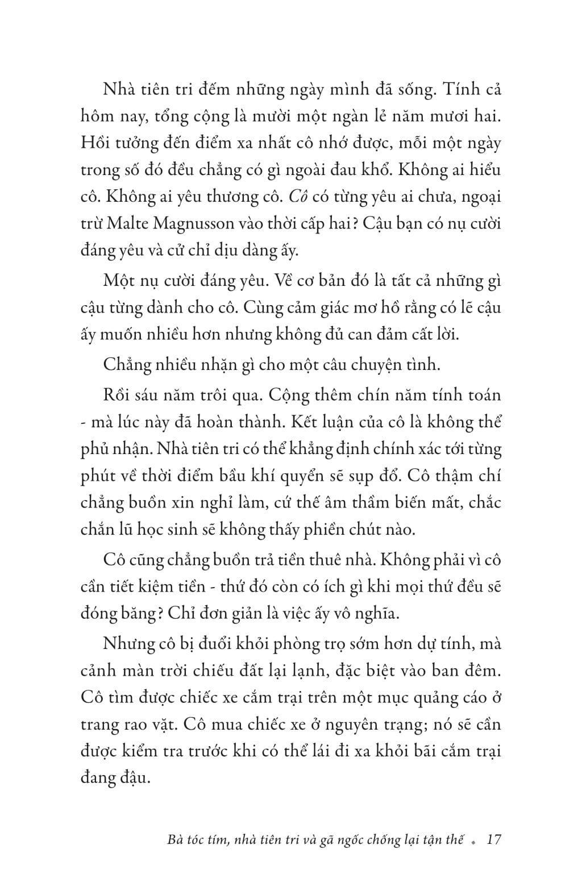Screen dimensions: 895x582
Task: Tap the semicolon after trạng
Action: [x=419, y=726]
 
